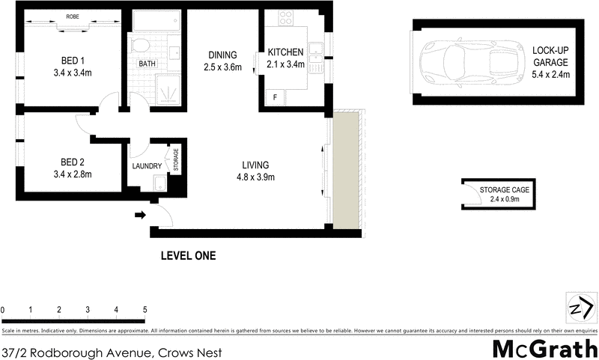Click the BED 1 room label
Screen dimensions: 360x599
[71, 62]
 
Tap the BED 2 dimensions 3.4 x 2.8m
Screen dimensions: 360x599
[71, 174]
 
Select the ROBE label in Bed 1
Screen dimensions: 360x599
[73, 16]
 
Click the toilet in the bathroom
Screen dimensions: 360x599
[139, 46]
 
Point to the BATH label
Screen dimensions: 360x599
[147, 64]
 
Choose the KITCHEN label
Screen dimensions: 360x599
[285, 52]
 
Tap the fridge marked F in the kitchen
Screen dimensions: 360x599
[275, 97]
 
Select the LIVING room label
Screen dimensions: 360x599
[255, 165]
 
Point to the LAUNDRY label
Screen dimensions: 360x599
[147, 166]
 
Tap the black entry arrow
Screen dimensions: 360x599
[139, 216]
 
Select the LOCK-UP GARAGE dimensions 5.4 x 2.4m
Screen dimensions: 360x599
[551, 74]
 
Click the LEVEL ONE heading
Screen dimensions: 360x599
[188, 255]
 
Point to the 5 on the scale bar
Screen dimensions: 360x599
[145, 309]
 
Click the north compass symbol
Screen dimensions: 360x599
[580, 308]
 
